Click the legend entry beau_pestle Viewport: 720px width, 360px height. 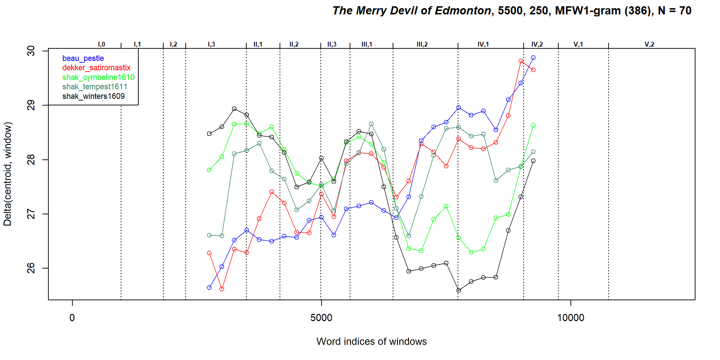(x=83, y=59)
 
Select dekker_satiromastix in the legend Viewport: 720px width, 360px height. (x=96, y=68)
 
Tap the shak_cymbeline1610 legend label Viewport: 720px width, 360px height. (x=98, y=77)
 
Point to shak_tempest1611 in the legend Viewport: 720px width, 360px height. (x=95, y=87)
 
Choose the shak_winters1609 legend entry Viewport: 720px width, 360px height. (x=94, y=96)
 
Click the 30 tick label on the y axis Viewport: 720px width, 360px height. (x=31, y=51)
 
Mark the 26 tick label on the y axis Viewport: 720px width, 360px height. (x=31, y=268)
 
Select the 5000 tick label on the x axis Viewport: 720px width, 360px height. (x=321, y=318)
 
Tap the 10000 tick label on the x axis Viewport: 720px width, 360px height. (x=571, y=318)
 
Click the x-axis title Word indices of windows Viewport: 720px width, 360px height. (x=372, y=341)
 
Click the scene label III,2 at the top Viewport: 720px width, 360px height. (x=422, y=44)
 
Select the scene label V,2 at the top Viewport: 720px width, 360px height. (x=649, y=44)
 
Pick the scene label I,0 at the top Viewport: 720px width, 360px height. (x=101, y=44)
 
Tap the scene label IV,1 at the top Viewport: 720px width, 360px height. (x=483, y=44)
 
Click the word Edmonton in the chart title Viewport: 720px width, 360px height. (x=463, y=11)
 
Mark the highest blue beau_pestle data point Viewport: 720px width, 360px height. (x=533, y=58)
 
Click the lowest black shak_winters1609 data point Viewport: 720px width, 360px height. (x=459, y=290)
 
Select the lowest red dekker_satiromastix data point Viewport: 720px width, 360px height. (x=222, y=289)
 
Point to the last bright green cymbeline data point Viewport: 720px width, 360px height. (x=533, y=125)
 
